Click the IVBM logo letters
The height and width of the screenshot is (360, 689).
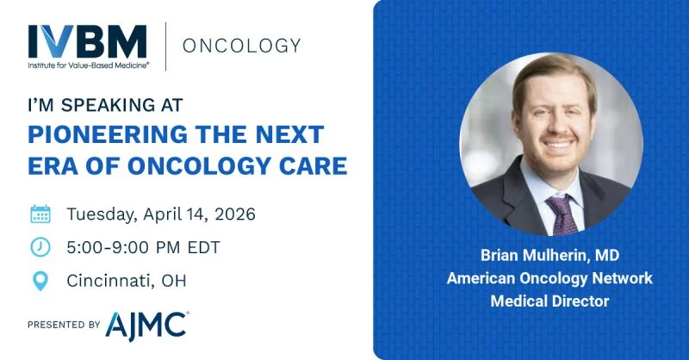click(x=87, y=40)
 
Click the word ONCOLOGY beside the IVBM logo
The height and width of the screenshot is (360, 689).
click(x=241, y=45)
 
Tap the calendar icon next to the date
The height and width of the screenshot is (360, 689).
click(x=40, y=214)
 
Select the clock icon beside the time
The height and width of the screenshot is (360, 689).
click(x=40, y=247)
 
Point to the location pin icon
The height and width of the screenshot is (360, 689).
click(x=40, y=281)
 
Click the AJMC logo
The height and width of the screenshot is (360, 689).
click(x=146, y=325)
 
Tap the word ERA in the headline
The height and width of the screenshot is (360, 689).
click(x=55, y=166)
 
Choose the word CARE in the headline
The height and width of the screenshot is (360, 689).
click(x=309, y=166)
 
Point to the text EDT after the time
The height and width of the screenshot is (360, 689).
click(x=203, y=247)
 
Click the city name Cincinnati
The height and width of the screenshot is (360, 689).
click(x=109, y=281)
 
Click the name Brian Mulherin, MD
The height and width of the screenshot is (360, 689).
click(x=549, y=256)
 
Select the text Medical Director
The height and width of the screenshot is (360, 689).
click(x=549, y=301)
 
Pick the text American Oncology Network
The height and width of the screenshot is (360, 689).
click(x=549, y=278)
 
